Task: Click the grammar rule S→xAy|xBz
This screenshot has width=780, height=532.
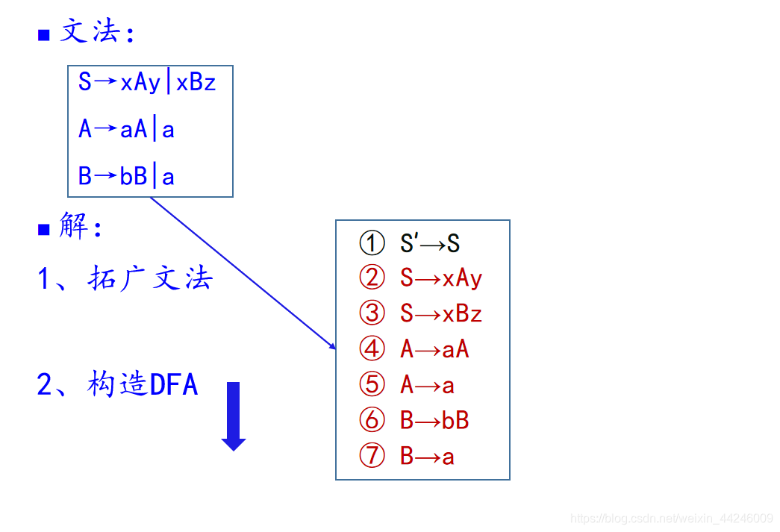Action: pos(147,82)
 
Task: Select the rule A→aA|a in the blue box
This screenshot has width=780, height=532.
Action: pos(126,130)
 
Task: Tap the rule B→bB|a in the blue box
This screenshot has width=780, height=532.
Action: pos(126,177)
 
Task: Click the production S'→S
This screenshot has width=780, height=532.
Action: pos(430,243)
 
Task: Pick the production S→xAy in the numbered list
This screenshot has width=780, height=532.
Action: pos(441,278)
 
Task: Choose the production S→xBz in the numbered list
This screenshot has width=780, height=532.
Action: pos(441,313)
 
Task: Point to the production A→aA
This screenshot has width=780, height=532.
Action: pos(434,348)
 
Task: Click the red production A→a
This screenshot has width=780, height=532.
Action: pos(427,385)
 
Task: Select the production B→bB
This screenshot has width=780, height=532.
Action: pos(434,420)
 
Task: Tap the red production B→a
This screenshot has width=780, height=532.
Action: pos(427,456)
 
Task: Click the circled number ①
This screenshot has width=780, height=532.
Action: pos(372,243)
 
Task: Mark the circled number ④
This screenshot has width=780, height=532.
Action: pos(372,348)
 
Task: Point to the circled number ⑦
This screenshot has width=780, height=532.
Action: pos(372,456)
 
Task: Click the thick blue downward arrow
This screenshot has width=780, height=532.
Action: pos(234,416)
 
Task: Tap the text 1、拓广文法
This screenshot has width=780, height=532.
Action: pos(125,278)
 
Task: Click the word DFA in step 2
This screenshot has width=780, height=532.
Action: pos(174,385)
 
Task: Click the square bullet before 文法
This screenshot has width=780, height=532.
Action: pos(44,35)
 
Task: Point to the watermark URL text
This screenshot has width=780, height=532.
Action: pos(671,519)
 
